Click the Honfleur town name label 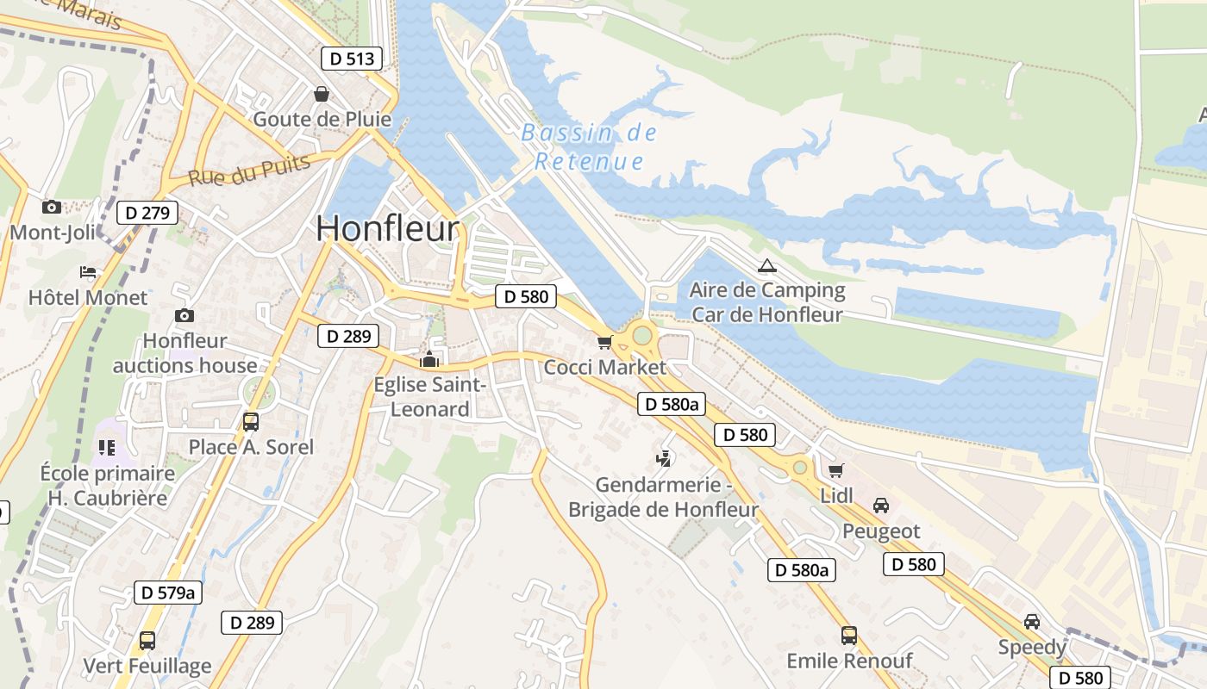387,228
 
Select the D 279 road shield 147,213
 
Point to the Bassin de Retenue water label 590,147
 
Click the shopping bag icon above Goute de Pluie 322,93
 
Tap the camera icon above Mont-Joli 52,207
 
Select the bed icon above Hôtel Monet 88,272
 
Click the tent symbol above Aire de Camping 766,265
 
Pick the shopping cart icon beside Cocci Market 605,343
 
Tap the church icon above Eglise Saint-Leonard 429,358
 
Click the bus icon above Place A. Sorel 251,422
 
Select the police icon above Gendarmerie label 664,458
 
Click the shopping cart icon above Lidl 835,469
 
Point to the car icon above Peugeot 881,505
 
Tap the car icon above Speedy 1032,621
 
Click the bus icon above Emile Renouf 849,636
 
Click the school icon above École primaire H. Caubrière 107,447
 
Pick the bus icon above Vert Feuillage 147,641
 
